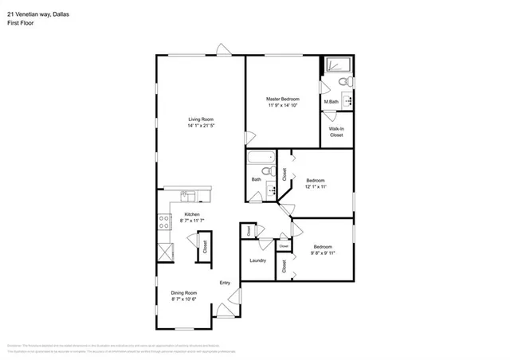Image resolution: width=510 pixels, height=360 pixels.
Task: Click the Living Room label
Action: (x=202, y=119)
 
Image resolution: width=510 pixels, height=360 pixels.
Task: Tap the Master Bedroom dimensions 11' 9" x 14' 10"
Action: (x=282, y=104)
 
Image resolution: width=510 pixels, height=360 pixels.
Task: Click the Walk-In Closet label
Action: (x=337, y=132)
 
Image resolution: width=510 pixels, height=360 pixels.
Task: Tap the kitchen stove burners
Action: (x=165, y=223)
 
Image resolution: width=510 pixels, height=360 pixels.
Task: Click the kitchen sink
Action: (x=186, y=194)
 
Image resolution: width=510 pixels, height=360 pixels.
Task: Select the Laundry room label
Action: (x=257, y=260)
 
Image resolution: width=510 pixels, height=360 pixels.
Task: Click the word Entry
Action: (x=226, y=283)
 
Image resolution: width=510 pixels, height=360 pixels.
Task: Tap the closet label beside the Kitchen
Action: (x=204, y=247)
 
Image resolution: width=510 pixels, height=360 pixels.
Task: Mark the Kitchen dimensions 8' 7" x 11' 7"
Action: (x=193, y=220)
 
